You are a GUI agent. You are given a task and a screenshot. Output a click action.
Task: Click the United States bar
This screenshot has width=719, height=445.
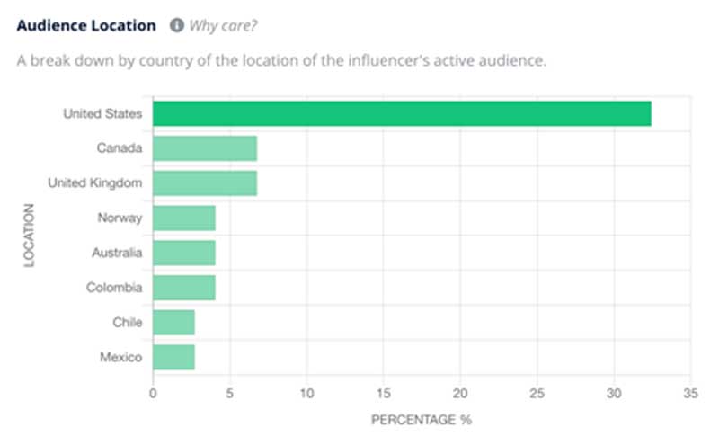tap(402, 114)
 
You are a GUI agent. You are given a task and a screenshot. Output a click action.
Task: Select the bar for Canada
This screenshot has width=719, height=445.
tap(205, 148)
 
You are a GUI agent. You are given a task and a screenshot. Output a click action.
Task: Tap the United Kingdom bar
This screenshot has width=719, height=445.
tap(205, 183)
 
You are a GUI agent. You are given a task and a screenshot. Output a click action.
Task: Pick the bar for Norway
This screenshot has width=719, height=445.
tap(184, 218)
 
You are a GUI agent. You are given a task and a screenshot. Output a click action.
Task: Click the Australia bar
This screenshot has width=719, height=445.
tap(184, 253)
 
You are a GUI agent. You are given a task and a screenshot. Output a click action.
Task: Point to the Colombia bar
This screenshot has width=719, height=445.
tap(184, 288)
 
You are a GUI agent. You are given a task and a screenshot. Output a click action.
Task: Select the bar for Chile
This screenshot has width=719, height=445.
tap(173, 323)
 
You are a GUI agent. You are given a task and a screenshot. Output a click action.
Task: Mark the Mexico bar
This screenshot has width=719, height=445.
tap(173, 357)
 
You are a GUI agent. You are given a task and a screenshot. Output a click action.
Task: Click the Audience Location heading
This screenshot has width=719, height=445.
tap(86, 25)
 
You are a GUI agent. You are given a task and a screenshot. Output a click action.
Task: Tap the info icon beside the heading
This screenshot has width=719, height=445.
tap(177, 25)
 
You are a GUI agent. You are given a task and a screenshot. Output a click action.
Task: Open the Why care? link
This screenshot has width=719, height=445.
tap(223, 25)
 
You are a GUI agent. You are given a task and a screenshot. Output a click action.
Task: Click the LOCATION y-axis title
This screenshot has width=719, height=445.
tap(29, 236)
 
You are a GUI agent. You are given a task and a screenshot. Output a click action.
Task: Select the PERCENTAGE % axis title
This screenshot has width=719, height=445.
tap(421, 419)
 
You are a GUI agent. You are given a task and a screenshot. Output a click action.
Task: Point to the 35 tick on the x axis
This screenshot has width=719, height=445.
tap(690, 393)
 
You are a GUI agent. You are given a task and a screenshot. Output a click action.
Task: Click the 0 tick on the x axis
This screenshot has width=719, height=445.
tap(153, 393)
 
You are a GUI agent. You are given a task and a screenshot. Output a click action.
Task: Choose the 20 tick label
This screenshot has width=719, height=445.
tap(460, 393)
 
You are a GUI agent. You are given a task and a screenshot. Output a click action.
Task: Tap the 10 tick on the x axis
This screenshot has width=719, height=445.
tap(306, 393)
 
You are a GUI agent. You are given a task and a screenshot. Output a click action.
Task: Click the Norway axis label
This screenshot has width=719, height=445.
tap(120, 218)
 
